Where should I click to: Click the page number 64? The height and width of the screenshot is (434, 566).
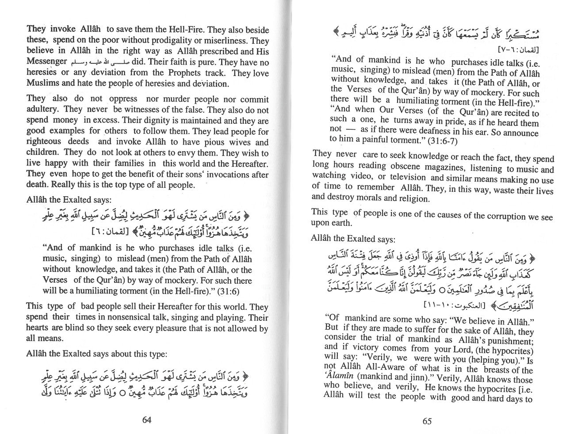click(147, 419)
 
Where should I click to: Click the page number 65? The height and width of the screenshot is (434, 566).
click(427, 421)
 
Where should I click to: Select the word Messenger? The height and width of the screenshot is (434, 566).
click(46, 62)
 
